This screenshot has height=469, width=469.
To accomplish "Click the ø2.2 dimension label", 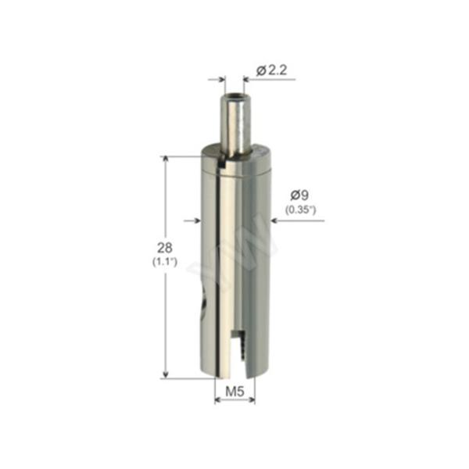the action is click(x=271, y=70).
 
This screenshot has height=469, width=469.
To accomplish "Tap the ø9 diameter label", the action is click(x=299, y=195).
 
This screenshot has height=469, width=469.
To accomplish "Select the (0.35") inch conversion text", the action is click(x=300, y=210).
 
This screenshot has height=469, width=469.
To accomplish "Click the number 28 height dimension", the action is click(x=165, y=248).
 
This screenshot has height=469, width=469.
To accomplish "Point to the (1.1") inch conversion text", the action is click(x=165, y=262).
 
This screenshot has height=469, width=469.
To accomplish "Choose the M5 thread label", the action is click(x=234, y=392).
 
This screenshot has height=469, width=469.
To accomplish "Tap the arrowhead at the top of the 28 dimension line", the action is click(x=166, y=160).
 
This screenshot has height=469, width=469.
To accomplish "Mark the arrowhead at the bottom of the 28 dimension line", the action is click(x=166, y=374).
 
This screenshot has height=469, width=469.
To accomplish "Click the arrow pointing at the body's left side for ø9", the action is click(x=192, y=220).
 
